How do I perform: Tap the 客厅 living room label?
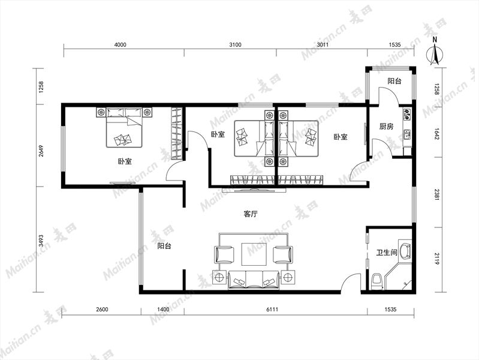click(251, 214)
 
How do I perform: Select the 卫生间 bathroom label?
click(387, 253)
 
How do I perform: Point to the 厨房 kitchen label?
click(386, 126)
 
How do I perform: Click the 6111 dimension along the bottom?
click(272, 309)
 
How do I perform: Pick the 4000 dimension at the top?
click(120, 44)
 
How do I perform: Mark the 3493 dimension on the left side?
click(41, 241)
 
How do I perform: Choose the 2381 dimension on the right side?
click(437, 194)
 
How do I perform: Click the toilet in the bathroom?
click(377, 281)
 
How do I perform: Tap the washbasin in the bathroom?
click(405, 250)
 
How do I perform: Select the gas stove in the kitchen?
click(407, 114)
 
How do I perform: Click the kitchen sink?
click(407, 134)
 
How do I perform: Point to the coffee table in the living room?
click(254, 254)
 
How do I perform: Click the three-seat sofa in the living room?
click(254, 280)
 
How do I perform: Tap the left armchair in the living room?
click(225, 255)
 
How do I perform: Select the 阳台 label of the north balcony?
click(394, 81)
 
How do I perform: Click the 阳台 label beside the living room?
click(164, 245)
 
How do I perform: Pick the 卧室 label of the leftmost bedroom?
click(125, 161)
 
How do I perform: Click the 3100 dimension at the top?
click(235, 44)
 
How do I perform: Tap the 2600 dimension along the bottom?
click(102, 309)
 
